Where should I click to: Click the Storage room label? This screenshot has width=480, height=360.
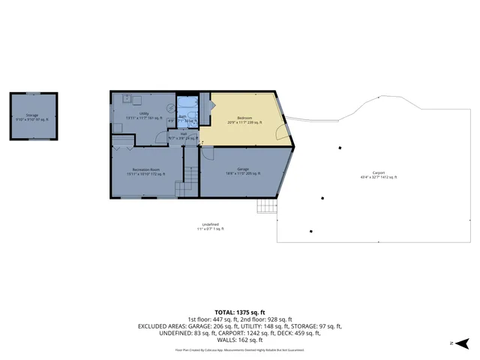(x=32, y=116)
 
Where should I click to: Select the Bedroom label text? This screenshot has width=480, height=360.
(x=245, y=120)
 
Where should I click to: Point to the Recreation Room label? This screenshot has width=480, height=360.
(x=146, y=172)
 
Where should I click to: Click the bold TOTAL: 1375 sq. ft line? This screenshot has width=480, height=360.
(x=240, y=311)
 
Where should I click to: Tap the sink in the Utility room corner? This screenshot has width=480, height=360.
(x=128, y=98)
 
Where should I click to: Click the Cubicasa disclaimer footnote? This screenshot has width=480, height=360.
(x=240, y=349)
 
